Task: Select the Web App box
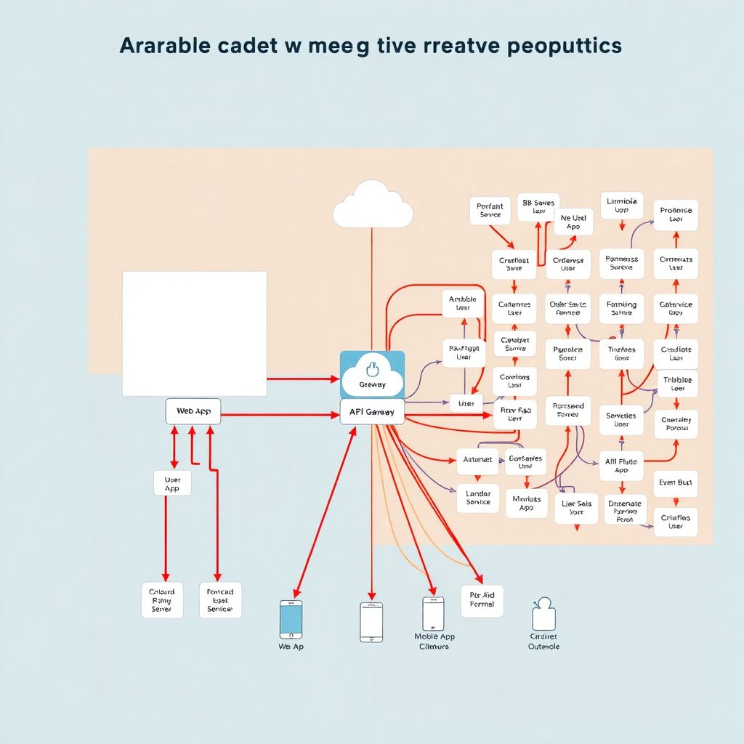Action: (193, 411)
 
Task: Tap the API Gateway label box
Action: (371, 412)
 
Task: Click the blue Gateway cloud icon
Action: (372, 373)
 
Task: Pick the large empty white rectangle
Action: (194, 333)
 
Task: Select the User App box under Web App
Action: (172, 483)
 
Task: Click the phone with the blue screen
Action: (291, 619)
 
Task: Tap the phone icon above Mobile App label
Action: (433, 614)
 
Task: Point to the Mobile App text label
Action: (434, 641)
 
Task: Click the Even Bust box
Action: (676, 482)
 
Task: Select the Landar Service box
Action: (478, 498)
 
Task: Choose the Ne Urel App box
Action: (573, 222)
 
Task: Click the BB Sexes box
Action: (538, 207)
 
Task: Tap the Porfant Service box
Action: (490, 211)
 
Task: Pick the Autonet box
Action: (477, 460)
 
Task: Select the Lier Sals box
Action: (576, 508)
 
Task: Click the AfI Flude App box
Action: (621, 466)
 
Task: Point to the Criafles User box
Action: (676, 522)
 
